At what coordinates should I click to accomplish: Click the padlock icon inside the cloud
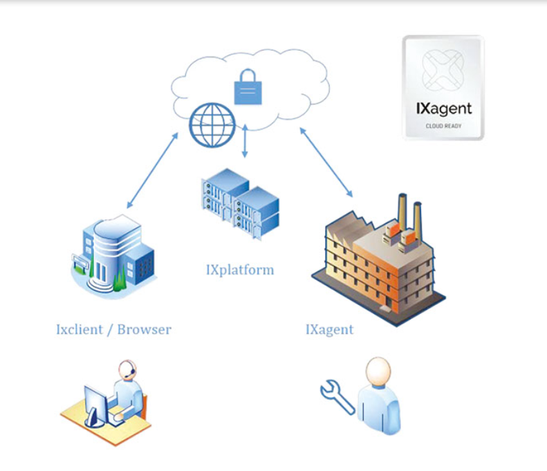click(248, 88)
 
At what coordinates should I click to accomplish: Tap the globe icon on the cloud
click(212, 124)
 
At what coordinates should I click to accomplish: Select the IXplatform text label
click(239, 269)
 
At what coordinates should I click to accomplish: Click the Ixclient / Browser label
click(113, 329)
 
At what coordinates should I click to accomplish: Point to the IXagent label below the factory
click(329, 329)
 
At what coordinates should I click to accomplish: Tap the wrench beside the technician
click(337, 396)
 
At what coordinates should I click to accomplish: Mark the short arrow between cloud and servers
click(245, 142)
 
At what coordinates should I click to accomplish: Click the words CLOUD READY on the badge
click(443, 126)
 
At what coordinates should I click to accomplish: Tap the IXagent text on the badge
click(443, 109)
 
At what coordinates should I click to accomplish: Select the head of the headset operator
click(127, 371)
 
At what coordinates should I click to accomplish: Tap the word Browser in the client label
click(144, 329)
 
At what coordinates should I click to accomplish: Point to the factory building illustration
click(374, 263)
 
